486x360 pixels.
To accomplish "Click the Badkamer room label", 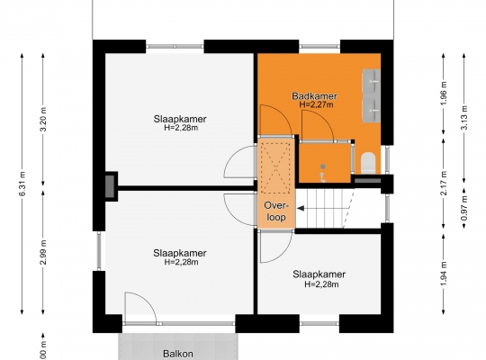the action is click(x=314, y=96).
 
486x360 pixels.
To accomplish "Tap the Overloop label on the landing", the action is click(x=276, y=211).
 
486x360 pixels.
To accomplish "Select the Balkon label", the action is click(x=178, y=354).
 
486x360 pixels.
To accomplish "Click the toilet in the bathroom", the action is click(x=368, y=163).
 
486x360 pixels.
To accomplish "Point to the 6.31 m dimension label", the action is click(x=22, y=184).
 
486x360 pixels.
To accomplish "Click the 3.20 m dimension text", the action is click(x=43, y=120).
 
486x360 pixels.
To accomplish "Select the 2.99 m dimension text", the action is click(x=43, y=252).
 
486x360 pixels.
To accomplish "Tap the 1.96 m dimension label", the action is click(x=444, y=94).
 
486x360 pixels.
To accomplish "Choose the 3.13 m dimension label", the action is click(x=464, y=118).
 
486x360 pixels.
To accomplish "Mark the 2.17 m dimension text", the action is click(x=444, y=183).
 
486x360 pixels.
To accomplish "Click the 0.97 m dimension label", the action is click(x=464, y=208).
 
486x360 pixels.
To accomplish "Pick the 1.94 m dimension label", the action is click(x=444, y=274).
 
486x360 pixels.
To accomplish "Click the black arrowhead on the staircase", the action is click(x=301, y=209).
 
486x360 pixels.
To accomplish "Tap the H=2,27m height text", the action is click(x=316, y=104).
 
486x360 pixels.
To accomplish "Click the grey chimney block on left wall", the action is click(x=110, y=186).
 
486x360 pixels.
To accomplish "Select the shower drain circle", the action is click(x=323, y=166).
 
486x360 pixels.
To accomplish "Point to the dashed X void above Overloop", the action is click(x=275, y=168).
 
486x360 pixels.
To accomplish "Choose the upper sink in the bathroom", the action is click(x=372, y=81).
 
